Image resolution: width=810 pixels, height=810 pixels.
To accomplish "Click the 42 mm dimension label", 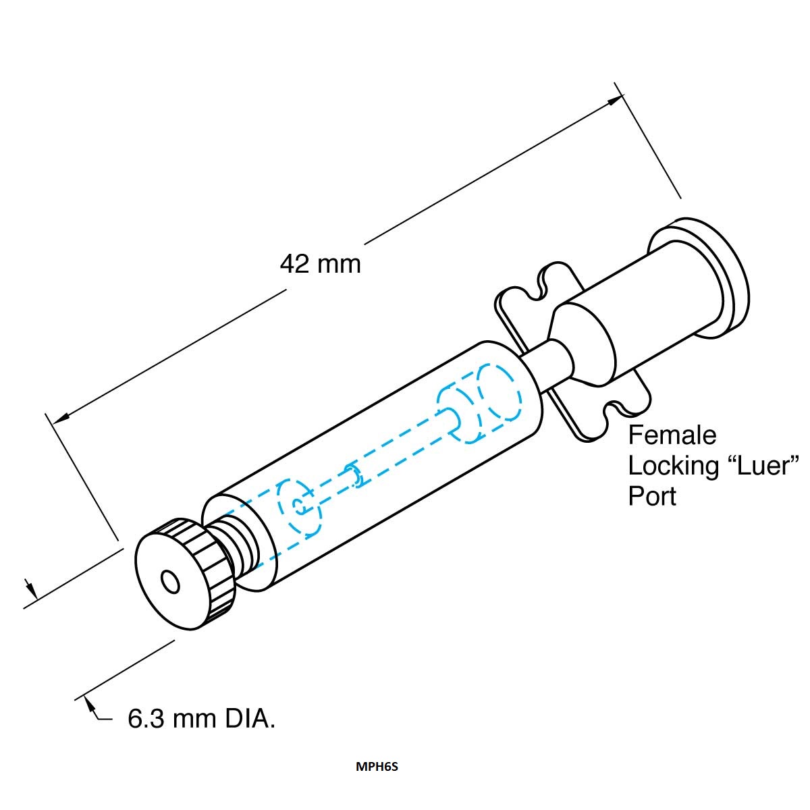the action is (x=321, y=264).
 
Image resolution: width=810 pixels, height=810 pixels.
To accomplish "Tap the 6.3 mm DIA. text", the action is (x=201, y=718).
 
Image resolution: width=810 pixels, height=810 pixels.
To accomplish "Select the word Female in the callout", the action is (x=672, y=435).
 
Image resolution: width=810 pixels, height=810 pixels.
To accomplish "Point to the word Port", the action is (x=652, y=496).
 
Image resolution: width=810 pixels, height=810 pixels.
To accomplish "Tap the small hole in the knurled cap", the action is (x=170, y=582).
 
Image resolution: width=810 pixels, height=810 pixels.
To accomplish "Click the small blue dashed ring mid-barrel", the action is (x=354, y=476).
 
